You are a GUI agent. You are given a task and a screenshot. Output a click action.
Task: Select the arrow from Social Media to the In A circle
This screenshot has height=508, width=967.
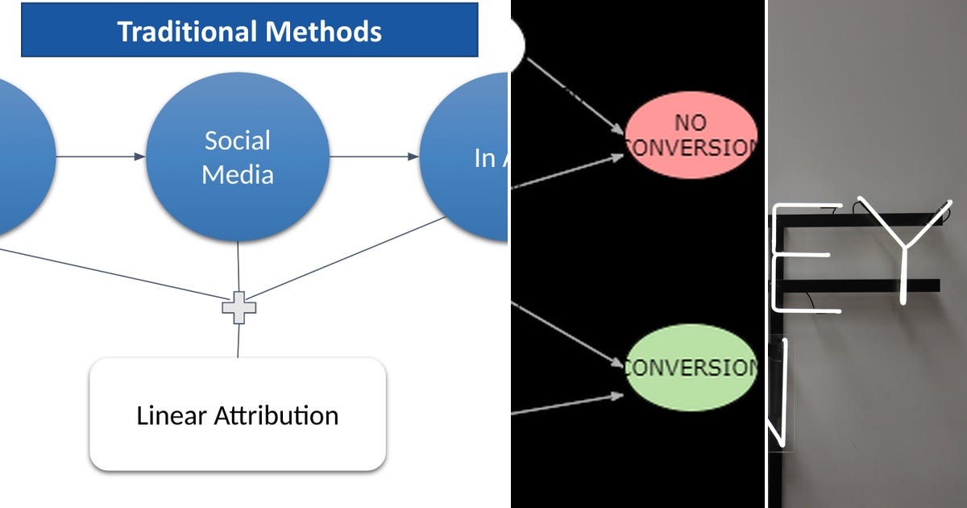coord(374,156)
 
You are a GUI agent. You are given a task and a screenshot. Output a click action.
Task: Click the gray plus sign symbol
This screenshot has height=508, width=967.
coord(239,307)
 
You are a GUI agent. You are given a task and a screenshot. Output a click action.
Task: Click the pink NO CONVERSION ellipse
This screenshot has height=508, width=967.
coord(691,135)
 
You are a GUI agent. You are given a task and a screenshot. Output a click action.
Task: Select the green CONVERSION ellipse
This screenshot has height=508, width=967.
coord(691,368)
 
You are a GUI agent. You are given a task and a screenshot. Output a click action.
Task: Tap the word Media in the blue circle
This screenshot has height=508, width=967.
coord(238,174)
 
